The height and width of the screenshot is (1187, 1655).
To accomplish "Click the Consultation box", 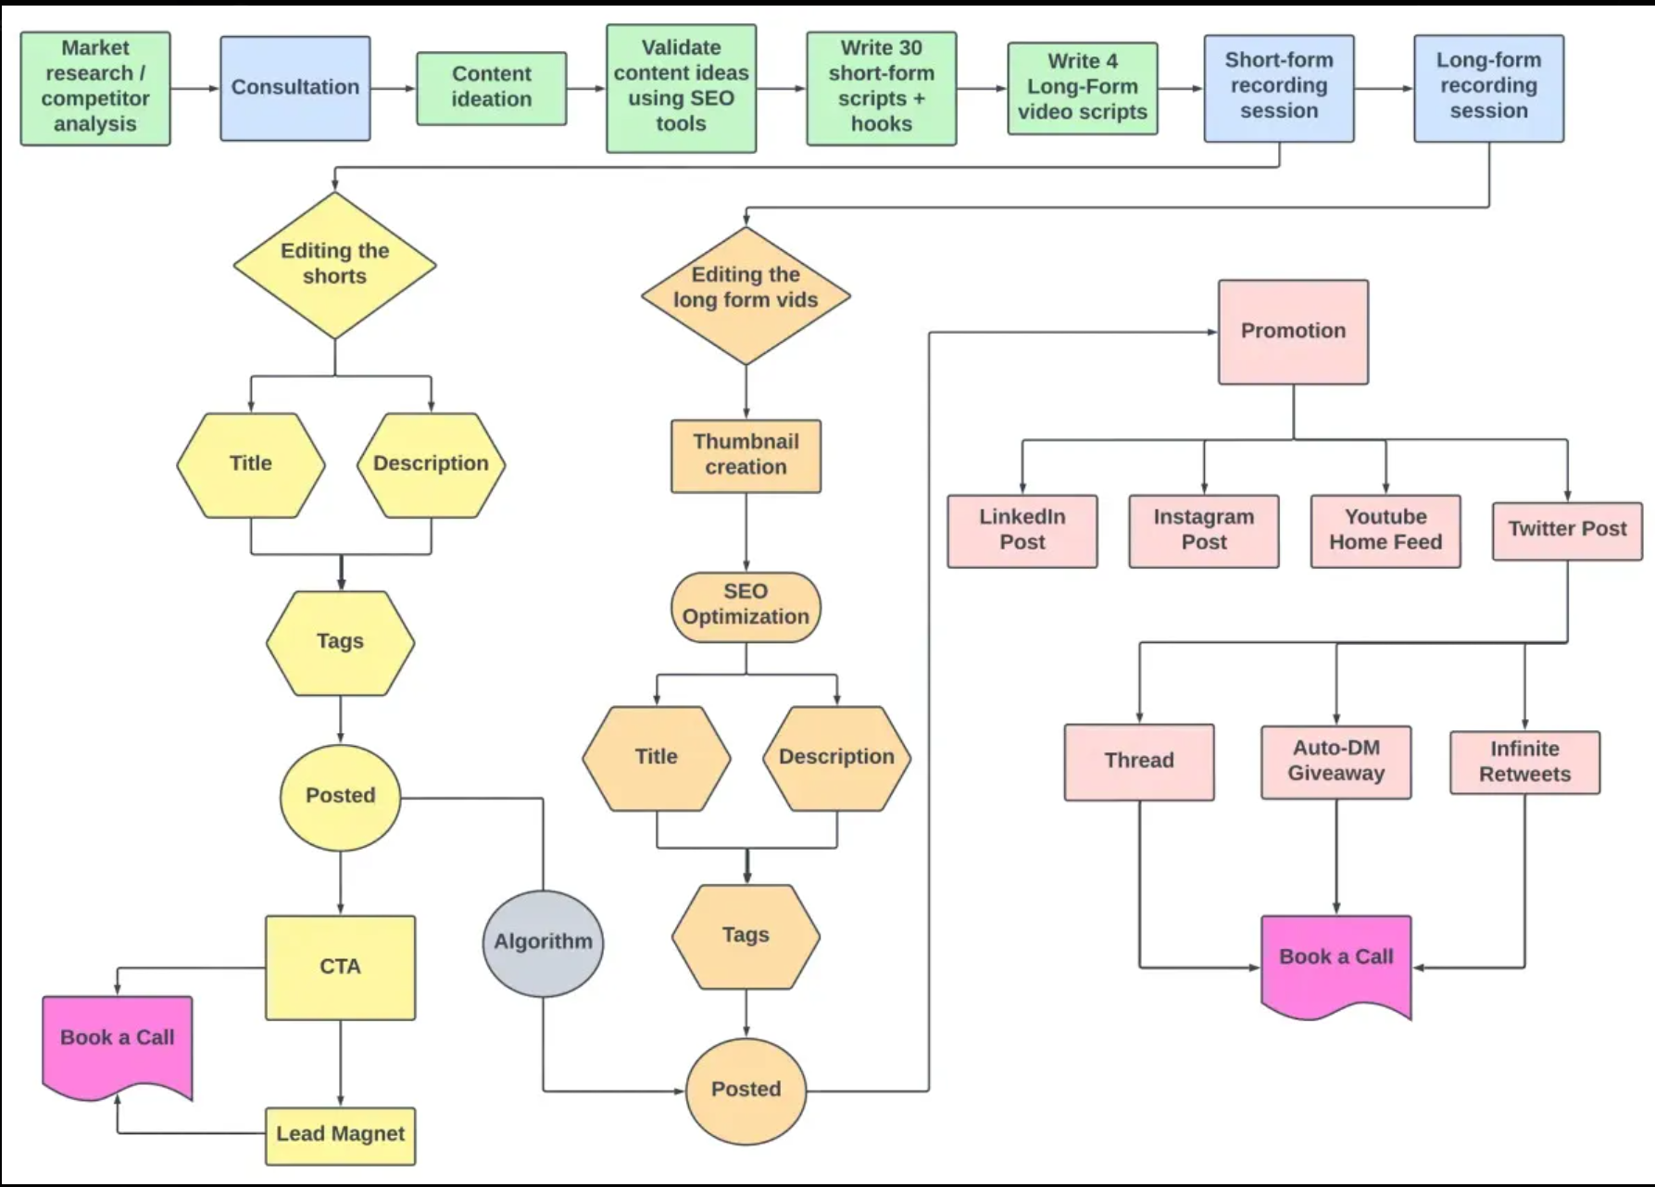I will [295, 88].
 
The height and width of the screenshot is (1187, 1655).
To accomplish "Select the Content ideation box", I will [491, 88].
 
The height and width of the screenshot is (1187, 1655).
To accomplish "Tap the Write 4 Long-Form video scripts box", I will [1082, 88].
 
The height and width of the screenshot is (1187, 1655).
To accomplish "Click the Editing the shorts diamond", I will [334, 264].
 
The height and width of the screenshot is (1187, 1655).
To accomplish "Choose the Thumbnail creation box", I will [746, 455].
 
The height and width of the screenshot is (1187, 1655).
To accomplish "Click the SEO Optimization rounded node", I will [746, 606].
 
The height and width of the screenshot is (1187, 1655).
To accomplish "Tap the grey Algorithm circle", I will [543, 942].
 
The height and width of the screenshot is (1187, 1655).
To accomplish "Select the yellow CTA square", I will [340, 966].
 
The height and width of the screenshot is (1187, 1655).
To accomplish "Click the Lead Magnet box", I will [340, 1134].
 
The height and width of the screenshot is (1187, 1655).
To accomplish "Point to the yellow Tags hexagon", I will [340, 642].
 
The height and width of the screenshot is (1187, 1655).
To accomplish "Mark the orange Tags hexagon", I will [746, 936].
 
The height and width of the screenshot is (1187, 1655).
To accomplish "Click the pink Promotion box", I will [1293, 332].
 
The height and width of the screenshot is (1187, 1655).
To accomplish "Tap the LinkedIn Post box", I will [1022, 530].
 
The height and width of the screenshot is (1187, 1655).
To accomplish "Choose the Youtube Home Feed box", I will [1385, 530].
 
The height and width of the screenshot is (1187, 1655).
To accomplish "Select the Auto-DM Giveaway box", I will [1335, 761].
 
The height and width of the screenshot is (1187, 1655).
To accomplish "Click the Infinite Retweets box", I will [1524, 762].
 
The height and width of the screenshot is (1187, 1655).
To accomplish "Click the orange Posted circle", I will [746, 1090].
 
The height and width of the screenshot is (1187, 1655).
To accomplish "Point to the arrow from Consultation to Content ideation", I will [394, 89].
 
